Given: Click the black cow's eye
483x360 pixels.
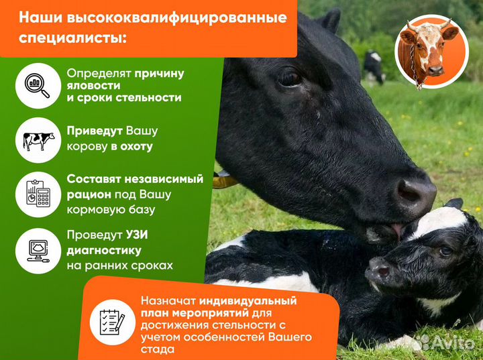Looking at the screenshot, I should [x=290, y=78].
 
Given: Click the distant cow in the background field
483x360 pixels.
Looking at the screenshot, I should [x=374, y=66].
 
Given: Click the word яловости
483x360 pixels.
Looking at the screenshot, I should [x=93, y=85].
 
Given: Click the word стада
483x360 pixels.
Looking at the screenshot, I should [x=156, y=349].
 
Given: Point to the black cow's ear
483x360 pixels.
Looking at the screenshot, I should [x=329, y=20].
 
